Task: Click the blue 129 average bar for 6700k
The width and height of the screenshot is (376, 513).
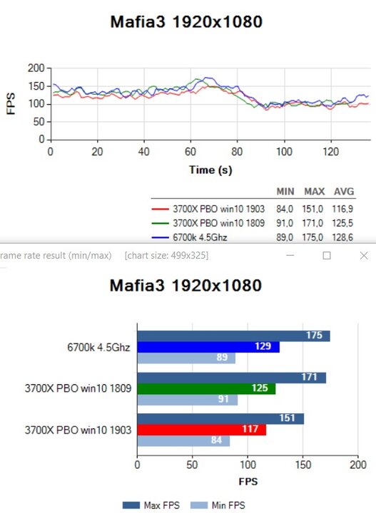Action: (208, 347)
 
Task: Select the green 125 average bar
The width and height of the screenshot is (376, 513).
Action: (206, 389)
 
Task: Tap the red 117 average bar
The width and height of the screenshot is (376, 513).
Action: (202, 430)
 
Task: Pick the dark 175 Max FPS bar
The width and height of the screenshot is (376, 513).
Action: (233, 336)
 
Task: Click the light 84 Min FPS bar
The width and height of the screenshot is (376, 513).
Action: (183, 440)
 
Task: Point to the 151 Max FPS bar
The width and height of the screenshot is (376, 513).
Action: (220, 419)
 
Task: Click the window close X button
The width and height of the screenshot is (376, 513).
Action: (364, 256)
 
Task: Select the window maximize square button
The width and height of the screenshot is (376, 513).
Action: (327, 256)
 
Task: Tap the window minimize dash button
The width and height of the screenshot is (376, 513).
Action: (290, 255)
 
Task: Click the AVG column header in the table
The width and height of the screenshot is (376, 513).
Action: (344, 192)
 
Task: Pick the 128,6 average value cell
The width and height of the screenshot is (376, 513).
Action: (342, 237)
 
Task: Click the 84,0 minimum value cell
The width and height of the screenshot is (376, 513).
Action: (285, 209)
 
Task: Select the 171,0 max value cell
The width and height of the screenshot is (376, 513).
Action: (313, 223)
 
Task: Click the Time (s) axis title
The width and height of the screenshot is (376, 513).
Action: (210, 170)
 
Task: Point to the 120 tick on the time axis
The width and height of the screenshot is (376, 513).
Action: (331, 152)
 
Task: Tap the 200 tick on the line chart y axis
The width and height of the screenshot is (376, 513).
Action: (36, 68)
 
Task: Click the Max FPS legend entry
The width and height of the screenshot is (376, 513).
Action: (151, 505)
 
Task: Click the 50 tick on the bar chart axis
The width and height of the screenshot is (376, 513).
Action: (192, 465)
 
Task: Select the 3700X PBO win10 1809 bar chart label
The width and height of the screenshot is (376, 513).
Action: (78, 388)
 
